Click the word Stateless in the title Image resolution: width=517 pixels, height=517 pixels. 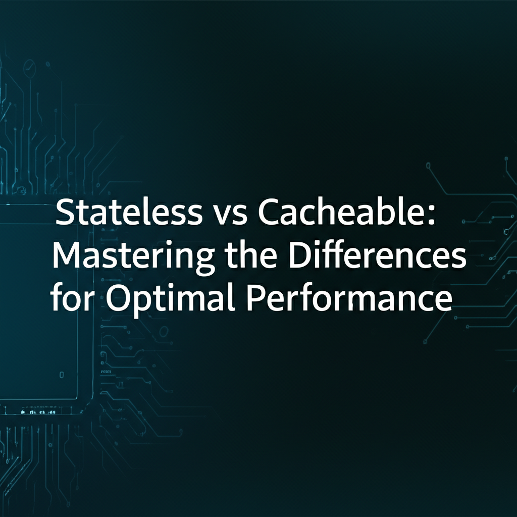pyautogui.click(x=129, y=212)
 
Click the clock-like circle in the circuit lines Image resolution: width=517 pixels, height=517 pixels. pyautogui.click(x=29, y=67)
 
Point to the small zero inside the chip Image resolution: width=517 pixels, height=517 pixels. pyautogui.click(x=62, y=375)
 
